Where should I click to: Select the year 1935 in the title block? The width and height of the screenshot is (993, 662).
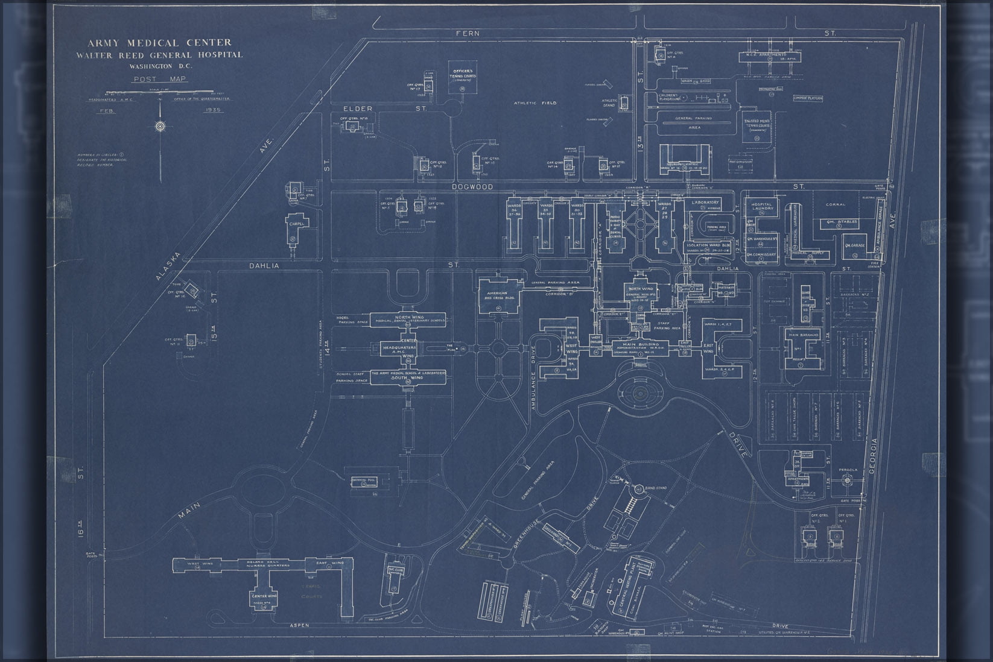pyautogui.click(x=214, y=110)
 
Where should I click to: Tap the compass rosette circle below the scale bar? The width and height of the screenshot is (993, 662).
pyautogui.click(x=160, y=127)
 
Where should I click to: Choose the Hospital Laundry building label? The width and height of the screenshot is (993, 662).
pyautogui.click(x=762, y=207)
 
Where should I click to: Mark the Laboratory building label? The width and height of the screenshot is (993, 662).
pyautogui.click(x=705, y=203)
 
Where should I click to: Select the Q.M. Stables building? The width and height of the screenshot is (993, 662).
pyautogui.click(x=839, y=222)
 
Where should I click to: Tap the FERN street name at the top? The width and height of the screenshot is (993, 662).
pyautogui.click(x=468, y=33)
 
